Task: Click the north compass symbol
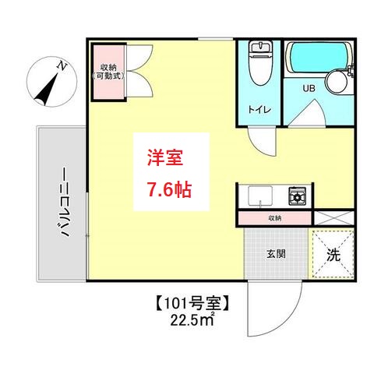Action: click(48, 86)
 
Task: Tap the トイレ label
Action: click(259, 110)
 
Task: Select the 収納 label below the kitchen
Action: click(274, 218)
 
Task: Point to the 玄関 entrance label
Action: click(274, 253)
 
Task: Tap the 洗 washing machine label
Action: click(333, 255)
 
